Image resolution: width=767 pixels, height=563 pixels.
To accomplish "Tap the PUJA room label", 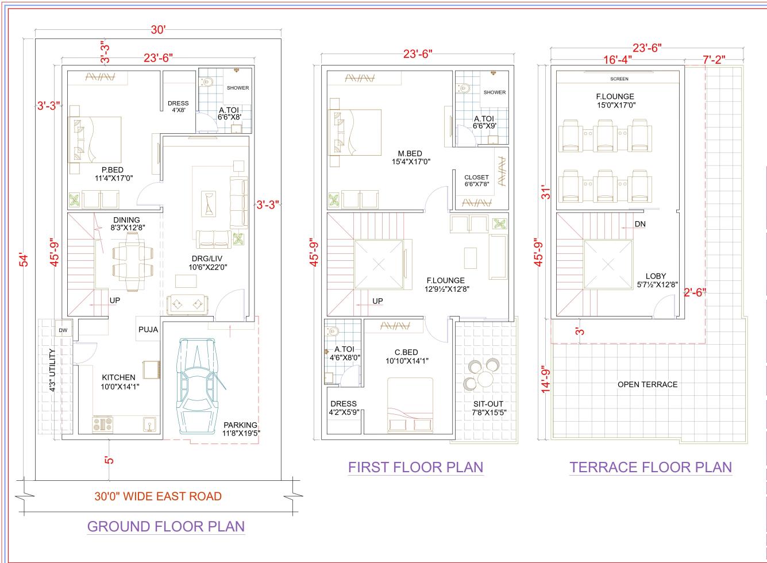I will [148, 330].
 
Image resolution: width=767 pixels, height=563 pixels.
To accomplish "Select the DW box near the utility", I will [62, 331].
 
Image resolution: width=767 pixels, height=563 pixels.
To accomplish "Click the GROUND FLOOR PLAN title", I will [165, 526].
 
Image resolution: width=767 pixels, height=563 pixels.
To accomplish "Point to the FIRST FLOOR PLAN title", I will [415, 467].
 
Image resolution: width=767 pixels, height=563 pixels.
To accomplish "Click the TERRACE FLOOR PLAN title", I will [650, 467].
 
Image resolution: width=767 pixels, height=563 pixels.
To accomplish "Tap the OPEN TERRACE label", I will [647, 384].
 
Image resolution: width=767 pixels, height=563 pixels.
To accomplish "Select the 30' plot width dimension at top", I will [158, 30].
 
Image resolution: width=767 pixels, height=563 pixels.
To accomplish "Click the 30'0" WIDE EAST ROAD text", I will [158, 496].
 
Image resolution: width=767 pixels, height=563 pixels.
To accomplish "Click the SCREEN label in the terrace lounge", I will [619, 79].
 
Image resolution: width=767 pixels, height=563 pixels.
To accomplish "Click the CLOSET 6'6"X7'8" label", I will [476, 180].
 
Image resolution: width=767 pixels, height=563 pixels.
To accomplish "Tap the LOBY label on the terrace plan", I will [656, 276].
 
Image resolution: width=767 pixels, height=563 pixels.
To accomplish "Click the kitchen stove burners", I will [103, 425].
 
